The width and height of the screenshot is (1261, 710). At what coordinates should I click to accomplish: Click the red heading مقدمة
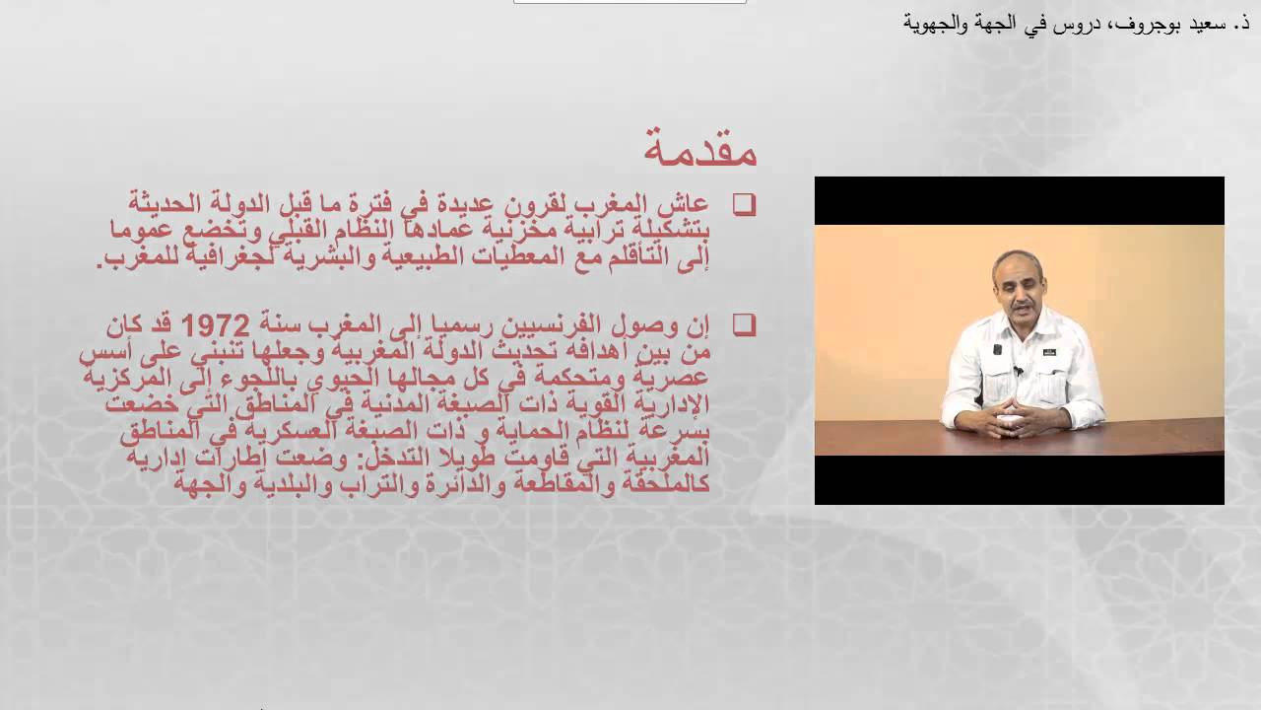point(699,147)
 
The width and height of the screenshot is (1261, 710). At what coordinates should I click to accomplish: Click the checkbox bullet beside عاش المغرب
point(744,204)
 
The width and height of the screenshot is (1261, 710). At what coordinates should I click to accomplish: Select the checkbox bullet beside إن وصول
point(744,324)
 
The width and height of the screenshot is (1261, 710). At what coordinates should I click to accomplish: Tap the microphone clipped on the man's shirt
point(1018,371)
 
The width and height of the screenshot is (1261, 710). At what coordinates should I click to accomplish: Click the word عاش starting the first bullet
point(689,204)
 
